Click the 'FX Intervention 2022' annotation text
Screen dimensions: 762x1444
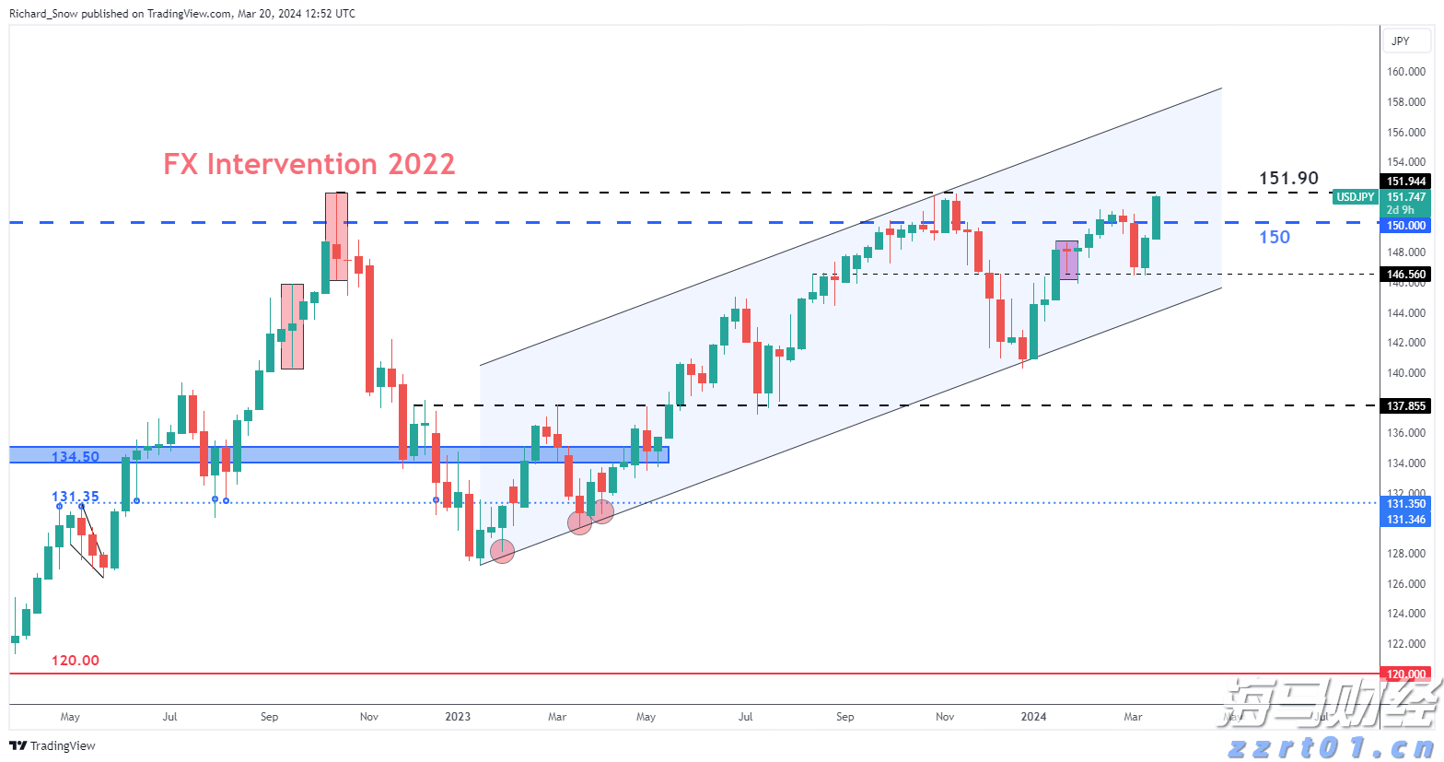pos(309,164)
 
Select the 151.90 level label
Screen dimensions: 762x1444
pos(1288,178)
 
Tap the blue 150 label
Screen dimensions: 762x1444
pos(1275,237)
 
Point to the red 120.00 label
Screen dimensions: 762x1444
pos(76,661)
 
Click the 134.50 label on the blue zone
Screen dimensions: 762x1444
pos(76,457)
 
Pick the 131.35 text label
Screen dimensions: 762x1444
pos(76,497)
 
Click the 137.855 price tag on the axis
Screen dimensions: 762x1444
pos(1406,405)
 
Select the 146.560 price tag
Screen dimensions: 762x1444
pos(1406,274)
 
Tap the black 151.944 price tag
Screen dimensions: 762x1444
pos(1406,182)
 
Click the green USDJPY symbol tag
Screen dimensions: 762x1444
pos(1356,197)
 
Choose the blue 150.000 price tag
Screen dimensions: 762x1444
pos(1406,226)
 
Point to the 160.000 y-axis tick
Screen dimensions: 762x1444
pos(1406,72)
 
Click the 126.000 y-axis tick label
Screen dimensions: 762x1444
pos(1406,583)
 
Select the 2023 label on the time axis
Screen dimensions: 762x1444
pos(458,717)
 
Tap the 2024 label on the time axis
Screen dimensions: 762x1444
pos(1033,717)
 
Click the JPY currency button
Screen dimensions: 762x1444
pos(1401,41)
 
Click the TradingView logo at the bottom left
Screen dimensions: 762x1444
pos(52,745)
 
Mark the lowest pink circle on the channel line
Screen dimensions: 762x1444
pos(502,552)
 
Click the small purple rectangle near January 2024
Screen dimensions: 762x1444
pos(1066,260)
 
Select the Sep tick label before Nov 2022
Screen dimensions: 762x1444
pos(269,717)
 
